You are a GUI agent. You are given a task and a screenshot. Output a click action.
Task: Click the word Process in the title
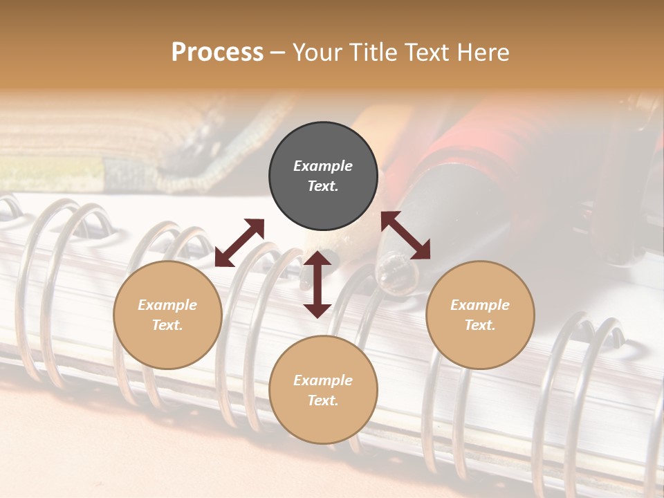click(x=217, y=53)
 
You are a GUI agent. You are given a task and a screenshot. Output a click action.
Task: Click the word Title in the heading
click(x=374, y=53)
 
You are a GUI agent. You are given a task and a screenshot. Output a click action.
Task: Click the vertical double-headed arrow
click(x=317, y=284)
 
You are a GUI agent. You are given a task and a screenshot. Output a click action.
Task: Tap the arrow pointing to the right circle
click(x=406, y=235)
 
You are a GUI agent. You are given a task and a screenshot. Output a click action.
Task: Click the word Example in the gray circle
click(x=323, y=166)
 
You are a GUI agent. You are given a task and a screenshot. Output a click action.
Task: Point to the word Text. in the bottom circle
click(x=323, y=400)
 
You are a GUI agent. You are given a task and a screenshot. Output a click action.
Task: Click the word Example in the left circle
click(x=167, y=305)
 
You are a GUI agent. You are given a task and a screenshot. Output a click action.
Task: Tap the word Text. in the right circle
click(x=480, y=325)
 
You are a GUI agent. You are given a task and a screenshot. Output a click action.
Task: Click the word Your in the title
click(x=317, y=53)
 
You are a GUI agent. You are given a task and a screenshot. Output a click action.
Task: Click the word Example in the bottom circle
click(x=323, y=380)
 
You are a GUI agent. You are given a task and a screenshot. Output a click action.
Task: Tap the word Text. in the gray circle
click(x=323, y=186)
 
